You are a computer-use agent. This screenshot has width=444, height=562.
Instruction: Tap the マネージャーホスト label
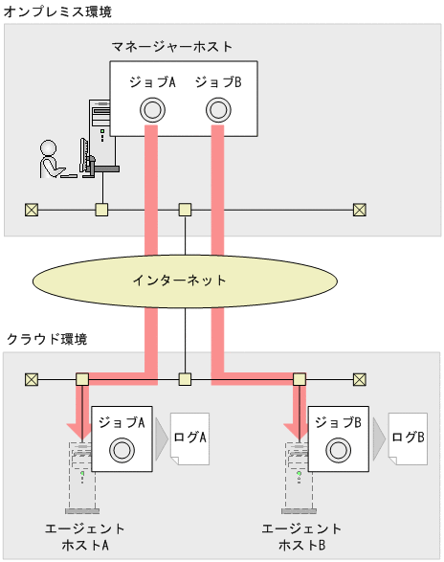click(x=172, y=46)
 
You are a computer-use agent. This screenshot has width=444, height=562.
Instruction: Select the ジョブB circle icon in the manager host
click(x=218, y=110)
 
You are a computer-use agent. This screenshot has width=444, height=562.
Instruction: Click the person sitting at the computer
click(x=50, y=159)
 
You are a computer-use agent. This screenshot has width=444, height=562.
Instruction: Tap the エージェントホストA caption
click(x=85, y=537)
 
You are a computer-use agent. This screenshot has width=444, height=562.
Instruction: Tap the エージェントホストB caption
click(x=302, y=537)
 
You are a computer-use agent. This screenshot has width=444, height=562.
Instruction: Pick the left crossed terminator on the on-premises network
click(x=32, y=209)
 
